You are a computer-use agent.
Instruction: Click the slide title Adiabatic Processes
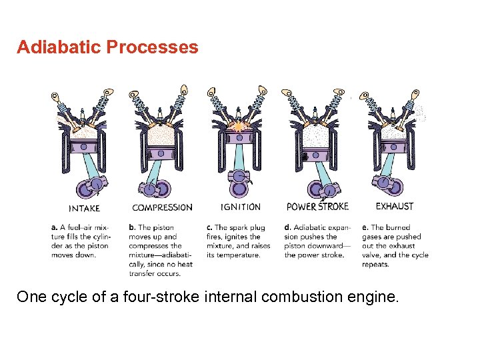tap(107, 47)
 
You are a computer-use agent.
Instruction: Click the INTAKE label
tap(85, 207)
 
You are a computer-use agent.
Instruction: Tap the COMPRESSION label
tap(162, 207)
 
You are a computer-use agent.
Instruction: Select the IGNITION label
tap(240, 207)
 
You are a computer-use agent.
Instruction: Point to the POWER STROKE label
tap(317, 206)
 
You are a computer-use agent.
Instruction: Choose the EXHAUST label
tap(394, 206)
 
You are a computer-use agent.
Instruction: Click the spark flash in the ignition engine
tap(239, 125)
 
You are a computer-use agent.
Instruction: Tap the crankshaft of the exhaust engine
tap(384, 183)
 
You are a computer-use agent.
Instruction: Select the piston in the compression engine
tap(160, 153)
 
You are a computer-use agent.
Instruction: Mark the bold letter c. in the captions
tap(210, 227)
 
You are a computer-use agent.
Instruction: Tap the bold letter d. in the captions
tap(288, 227)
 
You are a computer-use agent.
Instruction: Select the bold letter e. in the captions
tap(365, 227)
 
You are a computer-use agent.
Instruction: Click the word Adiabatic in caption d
tap(310, 227)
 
